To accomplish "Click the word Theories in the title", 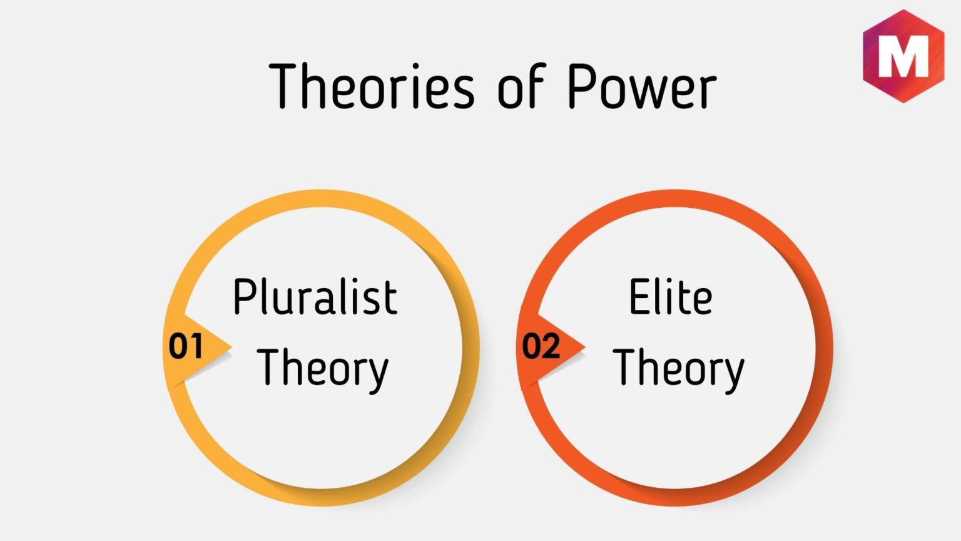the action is (372, 86).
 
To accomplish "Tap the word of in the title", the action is (521, 86).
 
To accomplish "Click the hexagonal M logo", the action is (903, 56).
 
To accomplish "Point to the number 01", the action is (185, 346).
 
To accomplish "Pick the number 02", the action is (541, 346).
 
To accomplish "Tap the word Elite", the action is (671, 296).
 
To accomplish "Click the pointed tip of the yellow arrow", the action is (231, 346).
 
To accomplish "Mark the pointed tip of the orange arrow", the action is (585, 346).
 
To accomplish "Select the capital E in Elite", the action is (639, 296).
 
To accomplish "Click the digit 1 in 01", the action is (196, 346).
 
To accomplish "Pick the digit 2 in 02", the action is (551, 346).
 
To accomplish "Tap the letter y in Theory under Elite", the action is (732, 376).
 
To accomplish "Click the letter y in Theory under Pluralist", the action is (376, 376).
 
